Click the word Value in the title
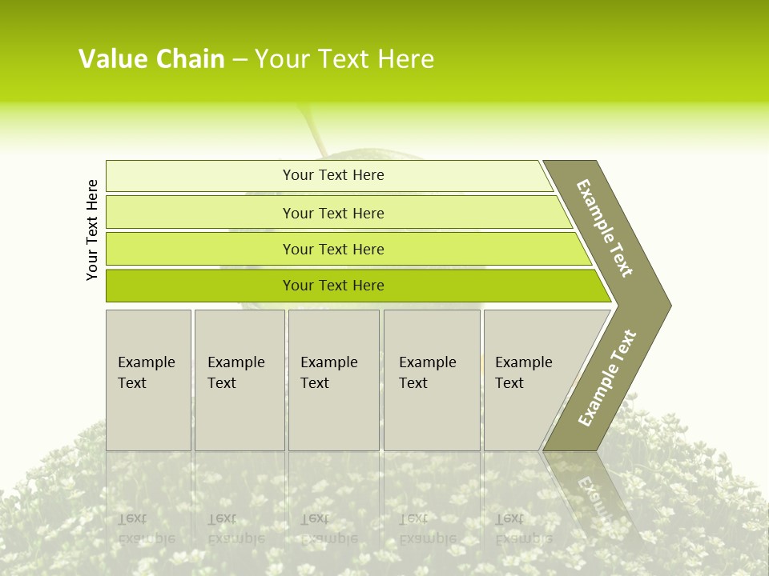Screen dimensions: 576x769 111,59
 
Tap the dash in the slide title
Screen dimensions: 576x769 240,60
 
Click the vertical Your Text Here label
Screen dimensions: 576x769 92,230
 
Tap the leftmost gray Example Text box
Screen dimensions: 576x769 148,380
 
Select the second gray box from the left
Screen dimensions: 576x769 240,380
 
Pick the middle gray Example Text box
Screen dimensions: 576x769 333,380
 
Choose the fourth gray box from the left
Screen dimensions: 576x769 432,380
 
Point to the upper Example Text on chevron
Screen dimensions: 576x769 605,228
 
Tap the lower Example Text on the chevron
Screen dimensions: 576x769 607,378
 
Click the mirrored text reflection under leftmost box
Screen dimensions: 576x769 147,528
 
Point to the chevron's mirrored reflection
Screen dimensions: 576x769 593,496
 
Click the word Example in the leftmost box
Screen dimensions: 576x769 146,362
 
